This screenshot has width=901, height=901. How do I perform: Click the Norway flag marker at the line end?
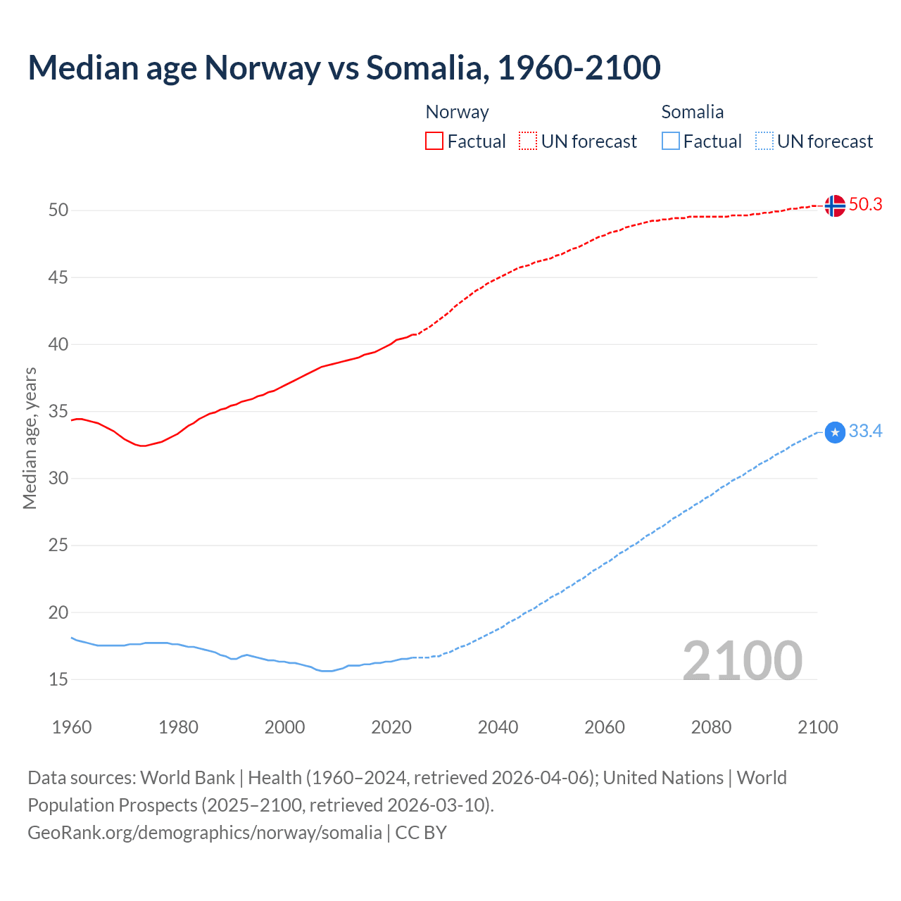tap(835, 206)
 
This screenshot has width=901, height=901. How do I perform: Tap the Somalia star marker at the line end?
tap(835, 432)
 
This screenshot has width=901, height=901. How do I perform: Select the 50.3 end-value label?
tap(865, 204)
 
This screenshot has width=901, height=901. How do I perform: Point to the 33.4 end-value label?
tap(865, 431)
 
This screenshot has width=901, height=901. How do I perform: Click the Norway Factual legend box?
tap(434, 141)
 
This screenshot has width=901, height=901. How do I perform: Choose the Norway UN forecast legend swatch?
tap(528, 141)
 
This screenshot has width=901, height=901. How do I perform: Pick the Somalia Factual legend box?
tap(671, 141)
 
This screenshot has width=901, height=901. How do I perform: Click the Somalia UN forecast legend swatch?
tap(764, 141)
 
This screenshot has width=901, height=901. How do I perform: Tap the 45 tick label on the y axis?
tap(58, 277)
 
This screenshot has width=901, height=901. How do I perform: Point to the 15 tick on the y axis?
tap(58, 679)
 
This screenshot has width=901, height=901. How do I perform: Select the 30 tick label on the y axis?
tap(58, 479)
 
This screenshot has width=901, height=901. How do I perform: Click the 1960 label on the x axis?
tap(72, 727)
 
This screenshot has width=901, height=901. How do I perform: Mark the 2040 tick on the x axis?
tap(498, 727)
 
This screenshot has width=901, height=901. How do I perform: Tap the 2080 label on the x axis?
tap(711, 727)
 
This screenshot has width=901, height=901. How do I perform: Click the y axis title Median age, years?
tap(30, 438)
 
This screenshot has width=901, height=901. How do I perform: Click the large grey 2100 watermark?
tap(742, 660)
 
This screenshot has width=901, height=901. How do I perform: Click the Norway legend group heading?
tap(457, 112)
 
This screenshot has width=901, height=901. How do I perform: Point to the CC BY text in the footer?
tap(421, 833)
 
